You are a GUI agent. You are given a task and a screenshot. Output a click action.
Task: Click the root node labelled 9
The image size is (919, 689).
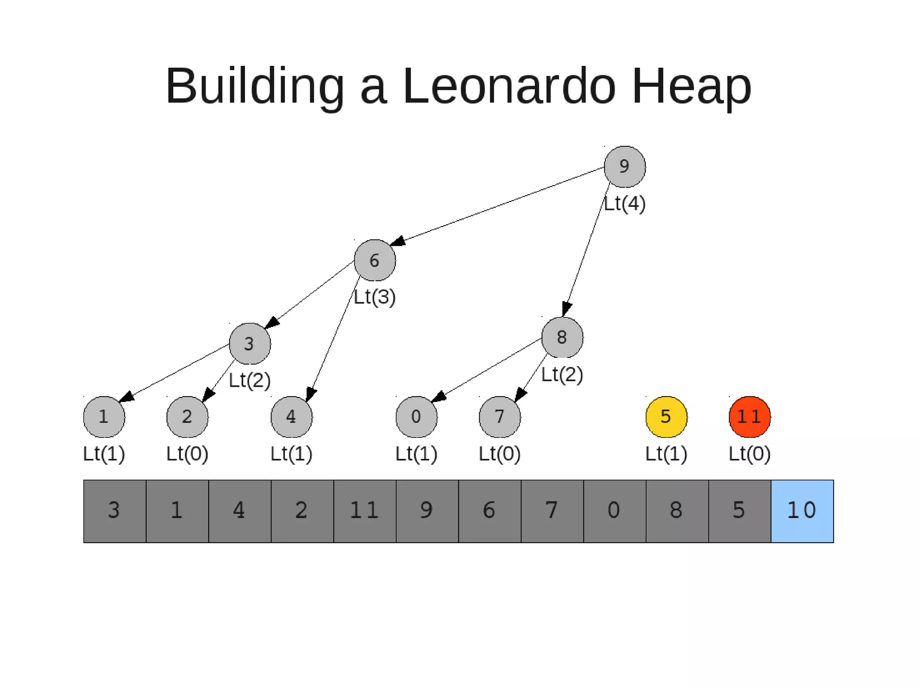pyautogui.click(x=624, y=167)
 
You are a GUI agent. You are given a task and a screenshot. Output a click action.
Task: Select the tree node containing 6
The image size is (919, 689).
pyautogui.click(x=375, y=261)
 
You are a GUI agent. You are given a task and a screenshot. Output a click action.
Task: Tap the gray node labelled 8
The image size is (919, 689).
pyautogui.click(x=562, y=337)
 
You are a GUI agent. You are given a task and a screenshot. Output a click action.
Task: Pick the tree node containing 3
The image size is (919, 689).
pyautogui.click(x=249, y=344)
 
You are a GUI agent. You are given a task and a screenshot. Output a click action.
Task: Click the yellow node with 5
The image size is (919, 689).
pyautogui.click(x=666, y=417)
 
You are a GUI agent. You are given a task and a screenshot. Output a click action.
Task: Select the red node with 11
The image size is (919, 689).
pyautogui.click(x=749, y=417)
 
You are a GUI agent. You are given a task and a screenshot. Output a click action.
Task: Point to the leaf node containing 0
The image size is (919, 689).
pyautogui.click(x=416, y=417)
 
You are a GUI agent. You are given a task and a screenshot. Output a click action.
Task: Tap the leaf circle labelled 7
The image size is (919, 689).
pyautogui.click(x=499, y=417)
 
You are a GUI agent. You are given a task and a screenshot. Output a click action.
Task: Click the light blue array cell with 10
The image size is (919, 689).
pyautogui.click(x=802, y=511)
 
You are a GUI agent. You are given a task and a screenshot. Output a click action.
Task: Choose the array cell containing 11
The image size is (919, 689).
pyautogui.click(x=364, y=511)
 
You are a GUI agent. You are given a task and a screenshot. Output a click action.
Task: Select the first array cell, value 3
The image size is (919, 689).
pyautogui.click(x=114, y=511)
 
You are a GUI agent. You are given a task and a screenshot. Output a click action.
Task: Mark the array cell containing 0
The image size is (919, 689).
pyautogui.click(x=614, y=511)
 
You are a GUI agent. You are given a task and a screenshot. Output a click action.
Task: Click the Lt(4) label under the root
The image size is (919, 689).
pyautogui.click(x=625, y=204)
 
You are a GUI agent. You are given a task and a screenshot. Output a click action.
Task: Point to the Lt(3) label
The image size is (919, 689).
pyautogui.click(x=375, y=297)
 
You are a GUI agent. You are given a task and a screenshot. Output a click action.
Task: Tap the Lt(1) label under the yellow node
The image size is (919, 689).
pyautogui.click(x=666, y=454)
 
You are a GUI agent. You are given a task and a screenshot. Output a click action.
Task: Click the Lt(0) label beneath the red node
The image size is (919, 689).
pyautogui.click(x=749, y=454)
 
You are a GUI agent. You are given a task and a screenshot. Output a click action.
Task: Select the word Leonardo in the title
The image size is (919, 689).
pyautogui.click(x=509, y=86)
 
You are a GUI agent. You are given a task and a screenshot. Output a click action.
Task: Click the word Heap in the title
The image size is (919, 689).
pyautogui.click(x=691, y=86)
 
